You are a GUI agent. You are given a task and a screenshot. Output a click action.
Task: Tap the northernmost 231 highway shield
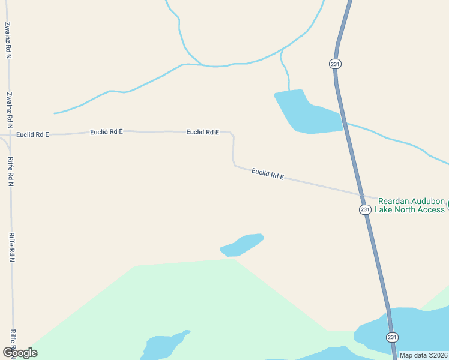(x=335, y=64)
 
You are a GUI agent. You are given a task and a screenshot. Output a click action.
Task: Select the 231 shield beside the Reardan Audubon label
(x=364, y=209)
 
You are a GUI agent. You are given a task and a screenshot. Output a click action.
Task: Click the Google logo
(x=20, y=353)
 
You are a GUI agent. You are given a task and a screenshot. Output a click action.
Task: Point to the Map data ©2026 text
(x=423, y=355)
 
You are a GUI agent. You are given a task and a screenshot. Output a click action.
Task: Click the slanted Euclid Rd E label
(x=267, y=175)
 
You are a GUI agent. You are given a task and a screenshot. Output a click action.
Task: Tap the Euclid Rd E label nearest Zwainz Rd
(x=32, y=134)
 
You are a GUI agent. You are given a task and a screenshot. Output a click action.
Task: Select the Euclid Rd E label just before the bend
(x=202, y=132)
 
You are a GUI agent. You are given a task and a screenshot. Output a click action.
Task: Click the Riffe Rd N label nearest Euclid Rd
(x=10, y=172)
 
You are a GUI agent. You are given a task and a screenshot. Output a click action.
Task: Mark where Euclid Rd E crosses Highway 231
(x=362, y=194)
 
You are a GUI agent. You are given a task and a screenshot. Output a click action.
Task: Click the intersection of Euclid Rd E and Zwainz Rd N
(x=10, y=134)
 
